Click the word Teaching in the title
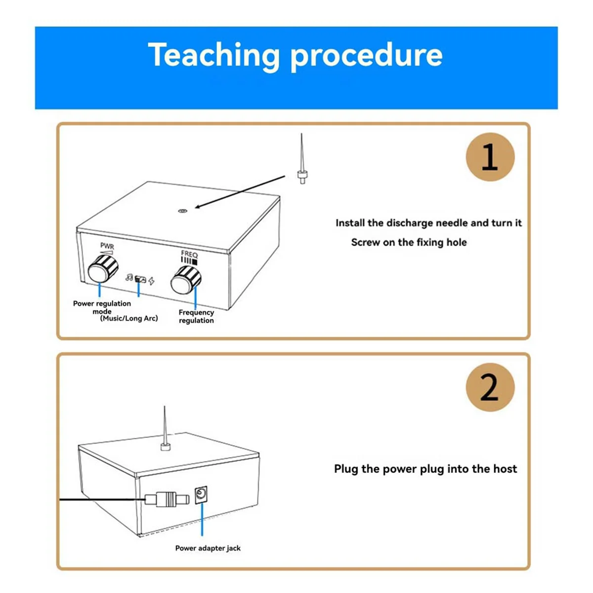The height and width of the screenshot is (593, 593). [x=213, y=55]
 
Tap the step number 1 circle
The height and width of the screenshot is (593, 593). [x=490, y=157]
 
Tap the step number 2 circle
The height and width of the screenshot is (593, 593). [x=490, y=387]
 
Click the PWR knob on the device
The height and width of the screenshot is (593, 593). [x=103, y=269]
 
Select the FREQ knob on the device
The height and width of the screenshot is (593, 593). [x=186, y=280]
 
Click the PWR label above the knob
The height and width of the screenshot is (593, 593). [x=107, y=246]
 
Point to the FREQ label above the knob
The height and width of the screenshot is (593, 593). [x=189, y=254]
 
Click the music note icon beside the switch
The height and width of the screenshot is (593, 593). [x=129, y=277]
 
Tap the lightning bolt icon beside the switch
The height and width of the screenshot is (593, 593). [x=151, y=281]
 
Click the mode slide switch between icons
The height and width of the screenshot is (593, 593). [x=140, y=279]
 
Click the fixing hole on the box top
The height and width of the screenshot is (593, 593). [x=183, y=211]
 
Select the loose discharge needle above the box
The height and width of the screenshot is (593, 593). [x=302, y=159]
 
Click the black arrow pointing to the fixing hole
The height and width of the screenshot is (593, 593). [x=240, y=192]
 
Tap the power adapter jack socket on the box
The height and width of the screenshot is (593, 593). [x=201, y=495]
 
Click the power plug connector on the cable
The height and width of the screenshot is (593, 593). [x=167, y=499]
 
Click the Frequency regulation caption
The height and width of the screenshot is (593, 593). [x=196, y=316]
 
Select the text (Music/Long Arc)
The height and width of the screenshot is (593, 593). [x=129, y=318]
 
